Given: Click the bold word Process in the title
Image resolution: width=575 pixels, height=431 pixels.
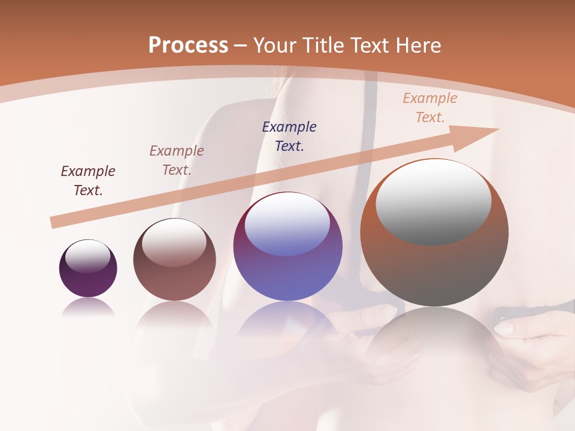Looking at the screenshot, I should coord(188,45).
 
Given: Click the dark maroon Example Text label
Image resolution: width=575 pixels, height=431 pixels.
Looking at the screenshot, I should coord(88,181).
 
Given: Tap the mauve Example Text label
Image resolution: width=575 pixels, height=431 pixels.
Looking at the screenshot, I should coord(177,160).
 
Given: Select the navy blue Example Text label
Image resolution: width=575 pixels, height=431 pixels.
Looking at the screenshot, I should coord(289,136).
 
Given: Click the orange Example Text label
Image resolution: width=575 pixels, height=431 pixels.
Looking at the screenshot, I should coord(430,108).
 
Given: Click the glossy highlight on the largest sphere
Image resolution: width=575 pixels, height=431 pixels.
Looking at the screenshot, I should coord(434,201).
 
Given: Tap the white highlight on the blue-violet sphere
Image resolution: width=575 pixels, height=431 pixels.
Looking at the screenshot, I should coord(287,224).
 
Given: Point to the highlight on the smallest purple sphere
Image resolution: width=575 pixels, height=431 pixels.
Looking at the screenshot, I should coord(88,256).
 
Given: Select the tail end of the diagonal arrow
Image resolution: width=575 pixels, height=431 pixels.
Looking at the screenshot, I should coord(56,222).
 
